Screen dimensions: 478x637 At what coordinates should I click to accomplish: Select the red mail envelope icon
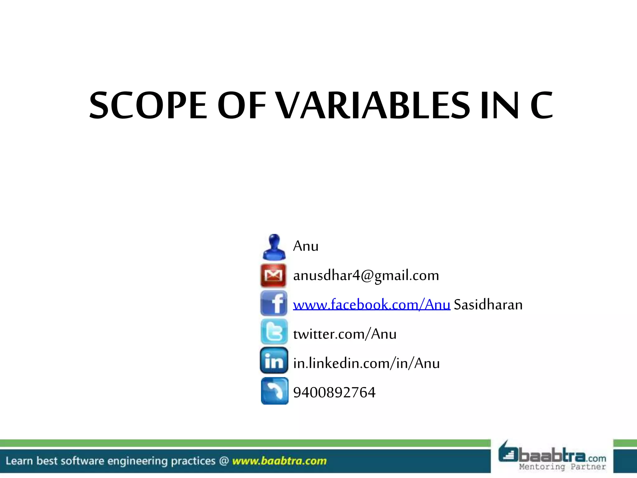pyautogui.click(x=273, y=275)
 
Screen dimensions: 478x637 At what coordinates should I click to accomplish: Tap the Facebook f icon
pyautogui.click(x=274, y=304)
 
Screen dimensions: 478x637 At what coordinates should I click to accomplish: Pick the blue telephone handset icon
pyautogui.click(x=274, y=391)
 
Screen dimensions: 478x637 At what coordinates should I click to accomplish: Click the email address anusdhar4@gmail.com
pyautogui.click(x=366, y=276)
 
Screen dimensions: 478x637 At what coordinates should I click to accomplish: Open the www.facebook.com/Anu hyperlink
pyautogui.click(x=371, y=305)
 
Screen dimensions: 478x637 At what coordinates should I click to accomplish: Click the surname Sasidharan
pyautogui.click(x=488, y=305)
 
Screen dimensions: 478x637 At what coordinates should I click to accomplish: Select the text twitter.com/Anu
pyautogui.click(x=345, y=334)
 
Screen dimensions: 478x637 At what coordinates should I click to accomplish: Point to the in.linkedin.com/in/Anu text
pyautogui.click(x=366, y=363)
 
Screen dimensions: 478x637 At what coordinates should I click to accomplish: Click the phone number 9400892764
pyautogui.click(x=334, y=392)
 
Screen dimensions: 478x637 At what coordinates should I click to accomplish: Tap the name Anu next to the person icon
pyautogui.click(x=306, y=246)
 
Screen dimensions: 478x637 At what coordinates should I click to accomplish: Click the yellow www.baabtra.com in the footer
pyautogui.click(x=279, y=461)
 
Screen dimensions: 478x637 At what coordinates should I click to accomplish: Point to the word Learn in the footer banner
pyautogui.click(x=19, y=461)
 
